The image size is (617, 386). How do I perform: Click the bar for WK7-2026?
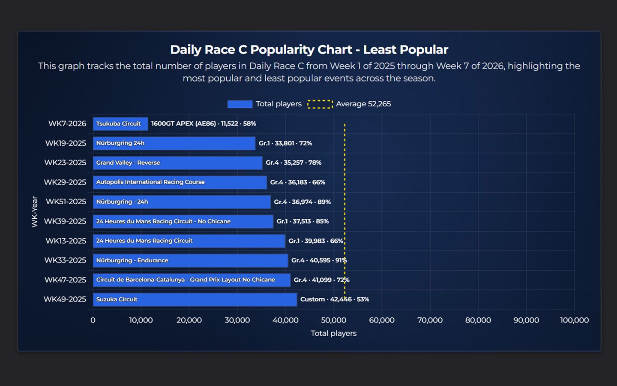pos(120,124)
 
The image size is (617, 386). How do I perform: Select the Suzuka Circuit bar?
pos(195,299)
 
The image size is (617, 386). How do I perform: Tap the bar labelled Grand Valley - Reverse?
pos(177,163)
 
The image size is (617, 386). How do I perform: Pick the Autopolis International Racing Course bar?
pos(180,182)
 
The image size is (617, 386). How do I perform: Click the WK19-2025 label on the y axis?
pos(66,143)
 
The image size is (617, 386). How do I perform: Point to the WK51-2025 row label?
pos(66,202)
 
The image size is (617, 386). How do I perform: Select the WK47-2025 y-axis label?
pos(65,280)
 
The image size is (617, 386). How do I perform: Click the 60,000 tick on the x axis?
pos(381,320)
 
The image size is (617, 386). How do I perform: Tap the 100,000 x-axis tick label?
pos(574,320)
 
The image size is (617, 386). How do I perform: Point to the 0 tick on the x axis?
pos(93,320)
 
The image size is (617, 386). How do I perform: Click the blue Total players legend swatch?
pos(240,104)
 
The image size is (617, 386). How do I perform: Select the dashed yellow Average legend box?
pos(320,104)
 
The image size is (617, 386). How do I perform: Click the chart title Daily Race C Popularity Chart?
pos(309,50)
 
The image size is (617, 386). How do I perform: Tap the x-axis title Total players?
pos(333,334)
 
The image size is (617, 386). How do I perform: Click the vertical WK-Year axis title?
pos(35,212)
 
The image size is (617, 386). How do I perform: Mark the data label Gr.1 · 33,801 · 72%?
pos(285,143)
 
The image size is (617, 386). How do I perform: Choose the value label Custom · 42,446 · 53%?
pos(334,299)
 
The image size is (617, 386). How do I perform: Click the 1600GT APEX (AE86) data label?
pos(204,124)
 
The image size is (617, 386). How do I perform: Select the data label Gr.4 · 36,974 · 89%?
pos(302,202)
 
